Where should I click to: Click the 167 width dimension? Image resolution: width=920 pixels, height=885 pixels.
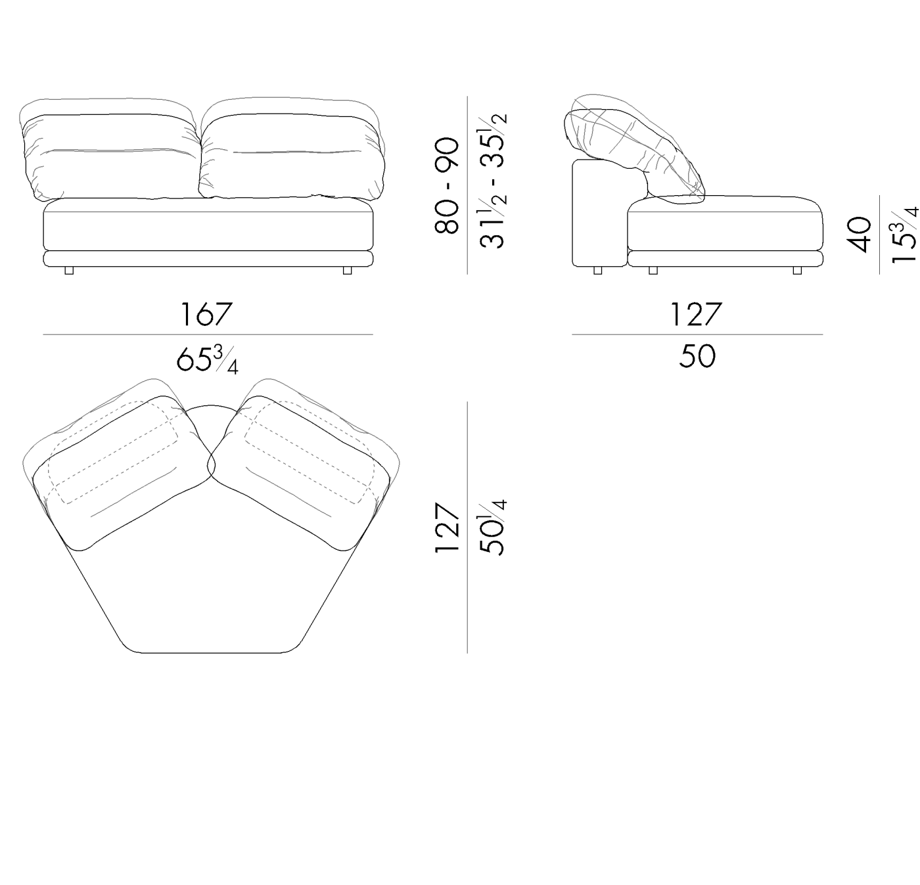click(206, 315)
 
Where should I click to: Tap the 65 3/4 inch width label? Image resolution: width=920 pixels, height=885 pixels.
click(207, 360)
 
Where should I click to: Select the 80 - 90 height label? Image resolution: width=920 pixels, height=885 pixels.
click(447, 186)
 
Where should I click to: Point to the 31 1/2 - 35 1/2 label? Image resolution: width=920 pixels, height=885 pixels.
click(493, 181)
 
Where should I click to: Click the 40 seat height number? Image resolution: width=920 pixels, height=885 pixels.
click(858, 235)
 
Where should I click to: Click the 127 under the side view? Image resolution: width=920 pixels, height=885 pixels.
click(697, 315)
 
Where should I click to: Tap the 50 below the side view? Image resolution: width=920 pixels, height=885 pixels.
click(697, 357)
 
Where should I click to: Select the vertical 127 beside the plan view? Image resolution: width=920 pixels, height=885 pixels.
click(447, 527)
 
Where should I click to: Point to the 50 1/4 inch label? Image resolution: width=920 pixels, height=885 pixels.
click(493, 527)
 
